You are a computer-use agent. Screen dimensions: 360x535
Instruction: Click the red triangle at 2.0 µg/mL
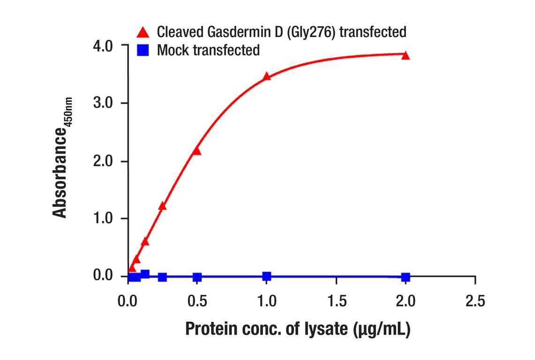406,56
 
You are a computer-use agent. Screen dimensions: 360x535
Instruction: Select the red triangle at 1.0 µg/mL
266,76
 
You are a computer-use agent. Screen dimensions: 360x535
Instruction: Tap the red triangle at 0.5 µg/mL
196,151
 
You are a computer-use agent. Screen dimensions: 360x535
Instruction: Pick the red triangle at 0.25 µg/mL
162,206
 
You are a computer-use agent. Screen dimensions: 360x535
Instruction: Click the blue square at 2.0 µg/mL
406,277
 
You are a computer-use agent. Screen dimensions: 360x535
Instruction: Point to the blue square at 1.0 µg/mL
266,276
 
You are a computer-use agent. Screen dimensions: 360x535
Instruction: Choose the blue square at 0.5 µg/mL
197,277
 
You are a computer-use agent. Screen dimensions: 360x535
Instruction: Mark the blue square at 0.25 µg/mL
162,277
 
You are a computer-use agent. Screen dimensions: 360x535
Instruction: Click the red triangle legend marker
143,32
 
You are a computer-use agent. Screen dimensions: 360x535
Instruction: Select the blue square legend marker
143,50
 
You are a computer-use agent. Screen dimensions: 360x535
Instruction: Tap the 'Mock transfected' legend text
208,50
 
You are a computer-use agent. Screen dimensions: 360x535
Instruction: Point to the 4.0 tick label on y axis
103,46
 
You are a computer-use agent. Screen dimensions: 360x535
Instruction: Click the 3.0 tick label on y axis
103,103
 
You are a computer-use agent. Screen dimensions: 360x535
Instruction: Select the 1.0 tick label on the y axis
103,218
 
